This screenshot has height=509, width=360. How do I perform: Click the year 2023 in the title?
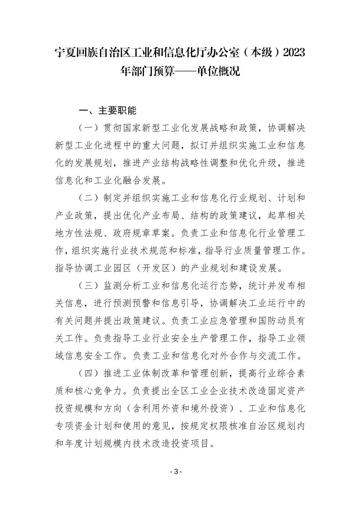(x=294, y=53)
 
